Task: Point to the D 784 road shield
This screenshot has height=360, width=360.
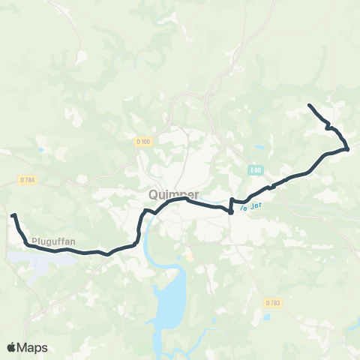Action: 28,180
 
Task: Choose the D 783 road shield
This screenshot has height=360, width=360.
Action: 273,302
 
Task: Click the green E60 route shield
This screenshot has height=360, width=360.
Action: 256,170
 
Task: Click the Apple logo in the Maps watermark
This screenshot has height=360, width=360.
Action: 12,347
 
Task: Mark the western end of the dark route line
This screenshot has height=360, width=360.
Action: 13,216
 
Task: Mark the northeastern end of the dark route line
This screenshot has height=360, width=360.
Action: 310,105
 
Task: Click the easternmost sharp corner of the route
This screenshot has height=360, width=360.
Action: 348,148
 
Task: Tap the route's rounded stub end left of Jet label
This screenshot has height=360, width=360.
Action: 230,211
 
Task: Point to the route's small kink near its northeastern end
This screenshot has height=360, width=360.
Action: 328,127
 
